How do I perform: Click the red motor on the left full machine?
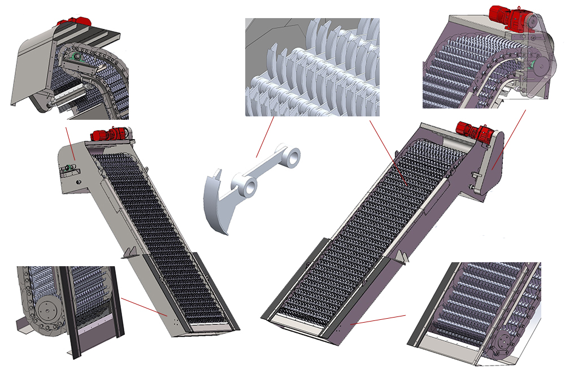click(107, 134)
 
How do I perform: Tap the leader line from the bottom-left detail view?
click(144, 307)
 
